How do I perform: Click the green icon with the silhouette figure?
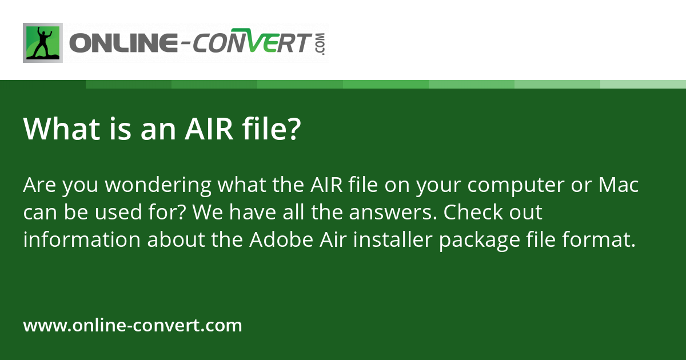[43, 43]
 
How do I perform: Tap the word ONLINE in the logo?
[123, 42]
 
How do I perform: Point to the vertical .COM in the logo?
[321, 44]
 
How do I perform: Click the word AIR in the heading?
[209, 129]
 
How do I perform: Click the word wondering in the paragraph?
[158, 185]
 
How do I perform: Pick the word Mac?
[619, 185]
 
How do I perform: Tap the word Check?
[473, 212]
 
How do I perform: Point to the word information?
[82, 239]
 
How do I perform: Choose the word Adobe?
[281, 239]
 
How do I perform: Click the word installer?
[393, 239]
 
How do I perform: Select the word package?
[480, 241]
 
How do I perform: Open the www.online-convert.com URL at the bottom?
[133, 325]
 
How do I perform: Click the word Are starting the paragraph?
[39, 185]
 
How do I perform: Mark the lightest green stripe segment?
[643, 84]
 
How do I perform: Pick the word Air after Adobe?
[333, 239]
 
